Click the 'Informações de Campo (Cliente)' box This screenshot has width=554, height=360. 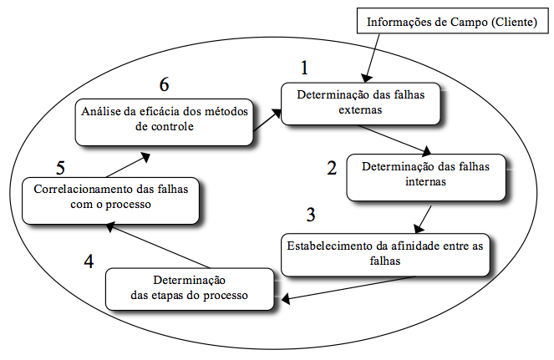pyautogui.click(x=453, y=21)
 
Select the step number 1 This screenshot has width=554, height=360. pyautogui.click(x=304, y=68)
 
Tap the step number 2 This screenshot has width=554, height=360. pyautogui.click(x=332, y=168)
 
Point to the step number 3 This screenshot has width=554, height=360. pyautogui.click(x=311, y=215)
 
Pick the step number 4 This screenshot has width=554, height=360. pyautogui.click(x=89, y=261)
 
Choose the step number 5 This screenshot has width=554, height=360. pyautogui.click(x=60, y=168)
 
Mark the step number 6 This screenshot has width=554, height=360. pyautogui.click(x=165, y=84)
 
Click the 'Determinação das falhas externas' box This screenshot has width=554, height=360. pyautogui.click(x=361, y=104)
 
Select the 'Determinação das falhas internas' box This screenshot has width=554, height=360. pyautogui.click(x=426, y=177)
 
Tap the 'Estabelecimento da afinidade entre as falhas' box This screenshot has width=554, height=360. pyautogui.click(x=385, y=255)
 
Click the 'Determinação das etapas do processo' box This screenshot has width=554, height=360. pyautogui.click(x=190, y=289)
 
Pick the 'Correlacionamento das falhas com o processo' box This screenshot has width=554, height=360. pyautogui.click(x=110, y=200)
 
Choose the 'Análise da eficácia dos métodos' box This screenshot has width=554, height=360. pyautogui.click(x=165, y=122)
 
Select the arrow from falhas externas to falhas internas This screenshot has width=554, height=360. pyautogui.click(x=394, y=139)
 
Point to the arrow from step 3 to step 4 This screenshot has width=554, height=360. pyautogui.click(x=348, y=289)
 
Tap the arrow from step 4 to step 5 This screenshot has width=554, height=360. pyautogui.click(x=158, y=246)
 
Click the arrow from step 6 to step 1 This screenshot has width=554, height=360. pyautogui.click(x=267, y=119)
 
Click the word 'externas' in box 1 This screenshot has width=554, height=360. pyautogui.click(x=360, y=110)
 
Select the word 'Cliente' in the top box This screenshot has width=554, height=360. pyautogui.click(x=515, y=22)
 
